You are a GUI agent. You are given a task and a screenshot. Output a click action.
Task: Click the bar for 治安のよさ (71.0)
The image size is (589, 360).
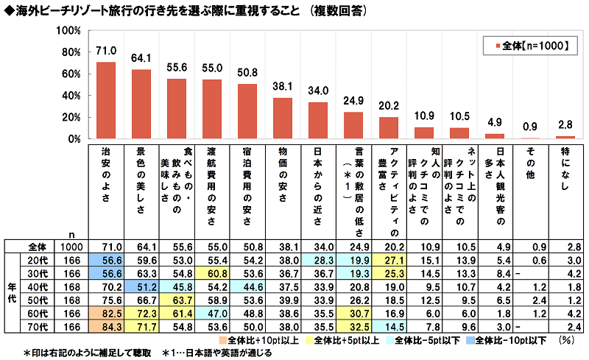click(106, 100)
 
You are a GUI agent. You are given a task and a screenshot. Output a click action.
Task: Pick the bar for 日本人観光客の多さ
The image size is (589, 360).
click(495, 136)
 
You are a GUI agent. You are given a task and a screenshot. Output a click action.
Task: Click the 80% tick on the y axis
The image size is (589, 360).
click(68, 52)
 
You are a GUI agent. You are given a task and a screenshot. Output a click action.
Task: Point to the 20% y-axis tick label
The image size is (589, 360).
click(68, 117)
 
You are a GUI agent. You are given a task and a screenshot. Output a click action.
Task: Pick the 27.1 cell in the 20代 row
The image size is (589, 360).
click(389, 259)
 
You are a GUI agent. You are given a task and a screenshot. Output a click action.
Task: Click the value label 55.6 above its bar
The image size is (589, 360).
click(177, 67)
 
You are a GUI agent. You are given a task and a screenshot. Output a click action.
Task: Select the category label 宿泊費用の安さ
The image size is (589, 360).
click(247, 177)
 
